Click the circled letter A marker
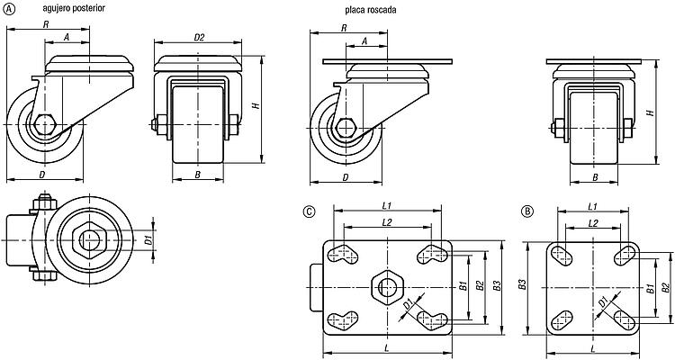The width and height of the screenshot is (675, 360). tap(9, 9)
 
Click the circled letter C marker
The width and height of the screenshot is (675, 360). tap(309, 211)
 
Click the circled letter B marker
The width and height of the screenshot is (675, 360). tap(526, 211)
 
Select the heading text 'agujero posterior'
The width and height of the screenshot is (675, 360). tap(74, 8)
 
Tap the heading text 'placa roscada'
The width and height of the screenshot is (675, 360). tap(370, 10)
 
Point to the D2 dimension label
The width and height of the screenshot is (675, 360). tap(199, 38)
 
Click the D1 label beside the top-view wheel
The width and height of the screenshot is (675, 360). tap(148, 240)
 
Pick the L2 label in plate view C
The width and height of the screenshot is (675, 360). tap(387, 222)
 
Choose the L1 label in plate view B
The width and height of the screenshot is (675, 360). tap(593, 207)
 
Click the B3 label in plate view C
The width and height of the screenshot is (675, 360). tap(497, 285)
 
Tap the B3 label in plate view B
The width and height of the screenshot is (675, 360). tap(523, 284)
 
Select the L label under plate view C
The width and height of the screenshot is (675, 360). tap(387, 347)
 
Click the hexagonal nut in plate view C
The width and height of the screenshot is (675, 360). tap(387, 287)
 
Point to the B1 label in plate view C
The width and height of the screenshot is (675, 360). tap(463, 285)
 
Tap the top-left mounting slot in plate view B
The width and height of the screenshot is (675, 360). tap(562, 255)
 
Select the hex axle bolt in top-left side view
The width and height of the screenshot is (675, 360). tap(44, 125)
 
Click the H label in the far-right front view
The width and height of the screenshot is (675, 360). tap(652, 112)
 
